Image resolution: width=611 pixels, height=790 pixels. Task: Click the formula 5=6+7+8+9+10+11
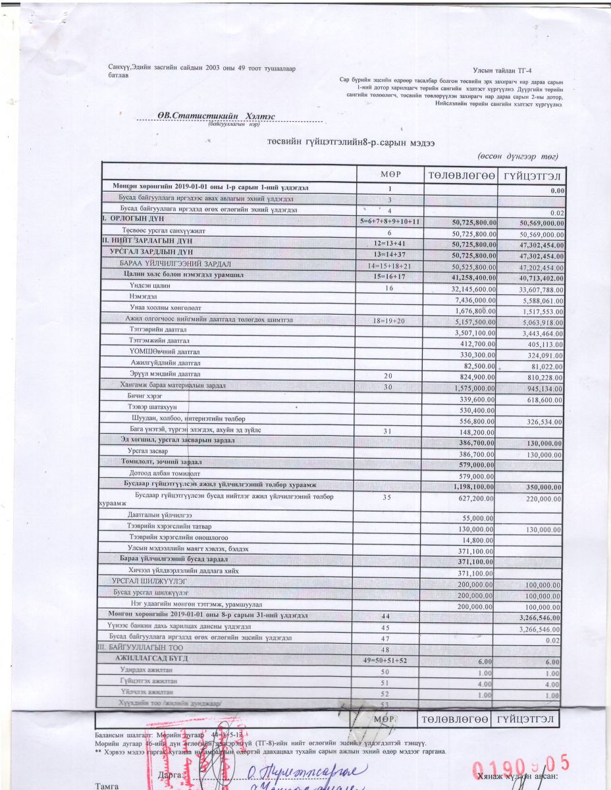390,221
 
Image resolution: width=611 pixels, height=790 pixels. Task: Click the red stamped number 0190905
520,766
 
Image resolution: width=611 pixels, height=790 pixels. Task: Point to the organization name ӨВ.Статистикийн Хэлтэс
207,116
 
